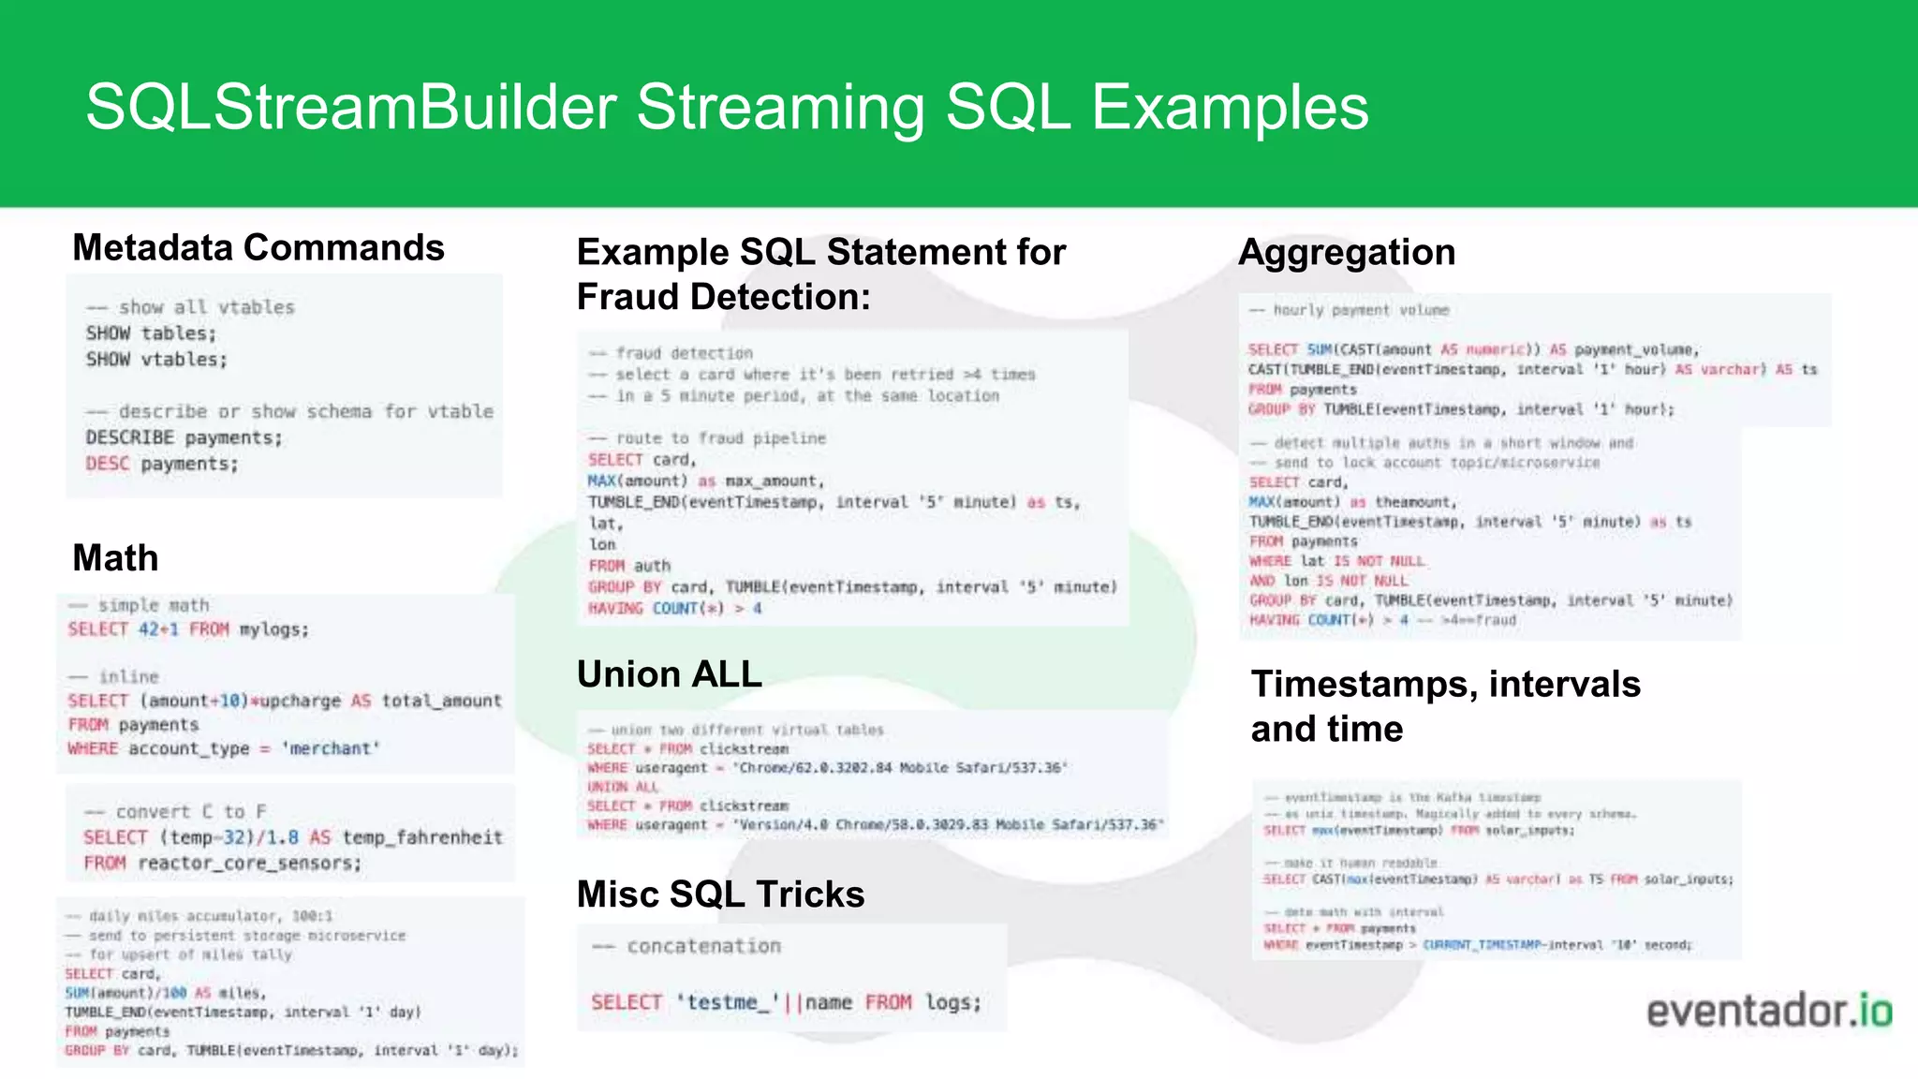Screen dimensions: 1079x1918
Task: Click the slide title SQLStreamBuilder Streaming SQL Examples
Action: pos(727,107)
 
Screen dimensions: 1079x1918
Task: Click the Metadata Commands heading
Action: pos(258,248)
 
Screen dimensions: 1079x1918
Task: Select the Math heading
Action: pos(115,558)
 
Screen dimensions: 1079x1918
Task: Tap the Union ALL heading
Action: pos(669,674)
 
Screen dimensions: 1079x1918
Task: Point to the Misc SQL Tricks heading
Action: pos(720,894)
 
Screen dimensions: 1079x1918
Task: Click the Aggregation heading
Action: pos(1346,253)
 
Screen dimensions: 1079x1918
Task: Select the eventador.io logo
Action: pos(1768,1012)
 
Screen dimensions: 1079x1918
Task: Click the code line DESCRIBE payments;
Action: pos(184,437)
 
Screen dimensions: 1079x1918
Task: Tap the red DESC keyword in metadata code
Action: pos(107,464)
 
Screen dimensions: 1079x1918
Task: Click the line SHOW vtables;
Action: pos(156,360)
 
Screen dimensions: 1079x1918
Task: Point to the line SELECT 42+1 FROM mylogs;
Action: pos(187,629)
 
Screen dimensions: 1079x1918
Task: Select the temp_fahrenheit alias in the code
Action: pos(422,837)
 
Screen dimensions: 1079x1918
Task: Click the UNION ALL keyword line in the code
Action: pos(623,787)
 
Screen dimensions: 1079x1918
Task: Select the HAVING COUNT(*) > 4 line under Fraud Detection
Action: pos(674,609)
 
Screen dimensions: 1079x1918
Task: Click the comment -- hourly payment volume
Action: pos(1349,310)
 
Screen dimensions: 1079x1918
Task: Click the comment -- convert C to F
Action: pos(176,812)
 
